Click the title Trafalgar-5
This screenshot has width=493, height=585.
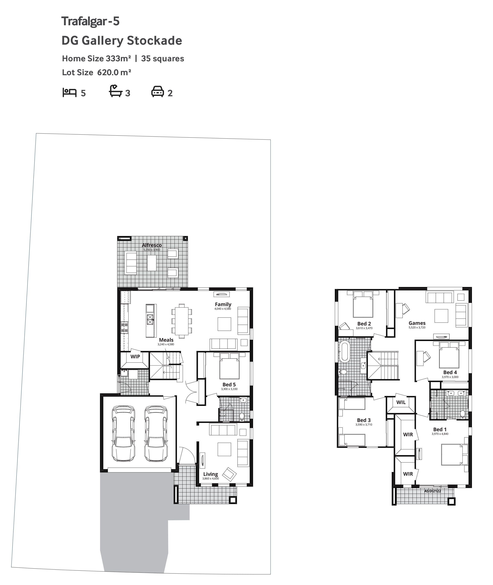[x=90, y=21]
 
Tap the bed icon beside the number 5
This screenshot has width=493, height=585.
[x=69, y=92]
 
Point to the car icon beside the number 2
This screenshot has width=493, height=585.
[x=158, y=92]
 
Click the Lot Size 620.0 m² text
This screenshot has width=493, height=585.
[x=96, y=73]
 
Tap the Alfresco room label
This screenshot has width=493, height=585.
[x=151, y=245]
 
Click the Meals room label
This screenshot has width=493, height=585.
[x=166, y=340]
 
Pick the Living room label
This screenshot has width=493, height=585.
[x=210, y=474]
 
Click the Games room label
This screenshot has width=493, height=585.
[x=417, y=323]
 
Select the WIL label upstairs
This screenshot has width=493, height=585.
[x=401, y=402]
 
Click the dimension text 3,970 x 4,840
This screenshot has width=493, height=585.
[x=440, y=434]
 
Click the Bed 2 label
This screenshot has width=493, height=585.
[x=364, y=324]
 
